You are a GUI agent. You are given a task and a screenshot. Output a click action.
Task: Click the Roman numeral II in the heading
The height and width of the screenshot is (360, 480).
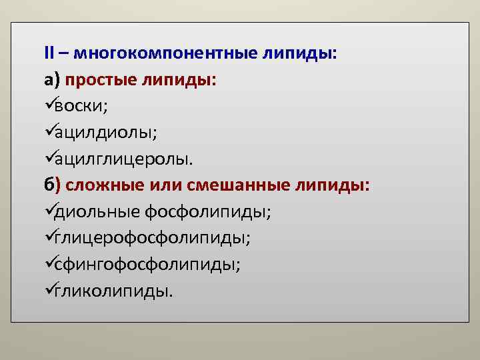pos(49,52)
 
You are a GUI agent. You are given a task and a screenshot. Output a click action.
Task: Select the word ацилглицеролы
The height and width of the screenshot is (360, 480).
pos(124,159)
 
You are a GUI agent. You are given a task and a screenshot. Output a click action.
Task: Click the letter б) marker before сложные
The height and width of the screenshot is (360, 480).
pos(53,185)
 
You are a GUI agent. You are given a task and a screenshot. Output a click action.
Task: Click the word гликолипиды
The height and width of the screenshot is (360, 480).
pos(113,291)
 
